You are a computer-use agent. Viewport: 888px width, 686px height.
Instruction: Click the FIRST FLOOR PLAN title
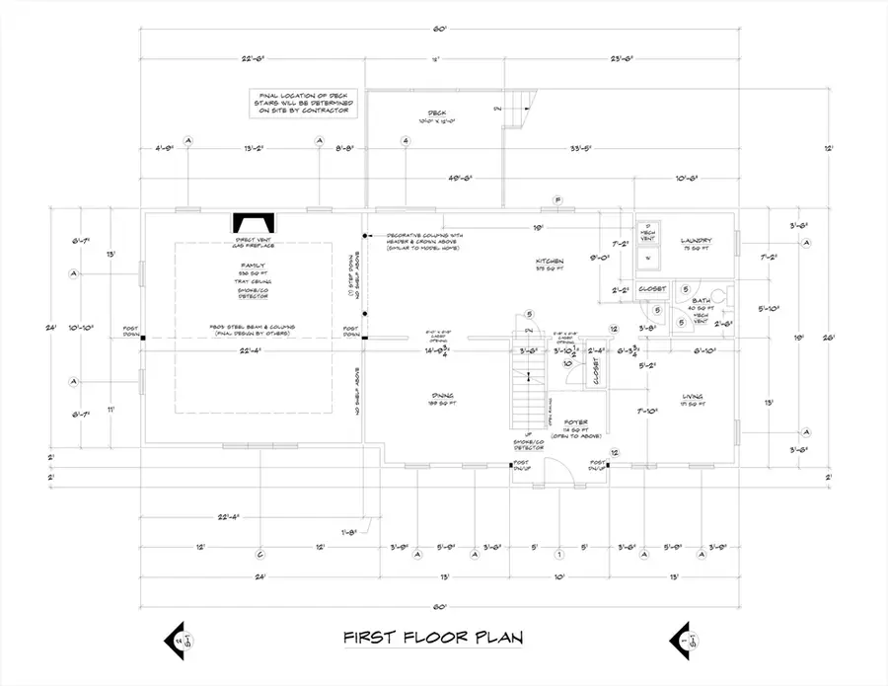click(433, 638)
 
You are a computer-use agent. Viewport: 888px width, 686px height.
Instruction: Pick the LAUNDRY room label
click(696, 241)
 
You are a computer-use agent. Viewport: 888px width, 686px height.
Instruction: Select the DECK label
click(437, 114)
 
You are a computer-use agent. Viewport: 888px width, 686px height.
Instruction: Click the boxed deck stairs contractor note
click(302, 103)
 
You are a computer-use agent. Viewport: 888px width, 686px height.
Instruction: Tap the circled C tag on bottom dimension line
click(260, 553)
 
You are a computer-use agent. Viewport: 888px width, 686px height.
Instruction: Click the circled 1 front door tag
click(558, 553)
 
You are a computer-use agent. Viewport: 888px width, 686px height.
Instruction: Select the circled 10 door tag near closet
click(567, 362)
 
